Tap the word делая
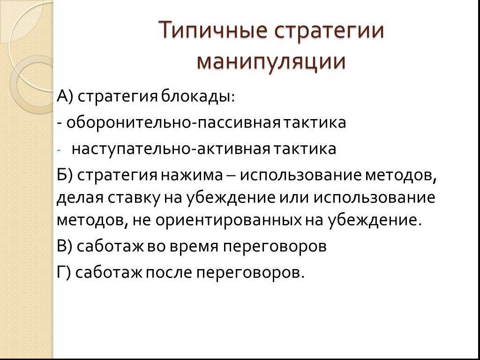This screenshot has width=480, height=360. click(78, 199)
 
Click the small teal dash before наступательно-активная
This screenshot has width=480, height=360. click(59, 150)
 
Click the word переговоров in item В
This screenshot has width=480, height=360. click(274, 247)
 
